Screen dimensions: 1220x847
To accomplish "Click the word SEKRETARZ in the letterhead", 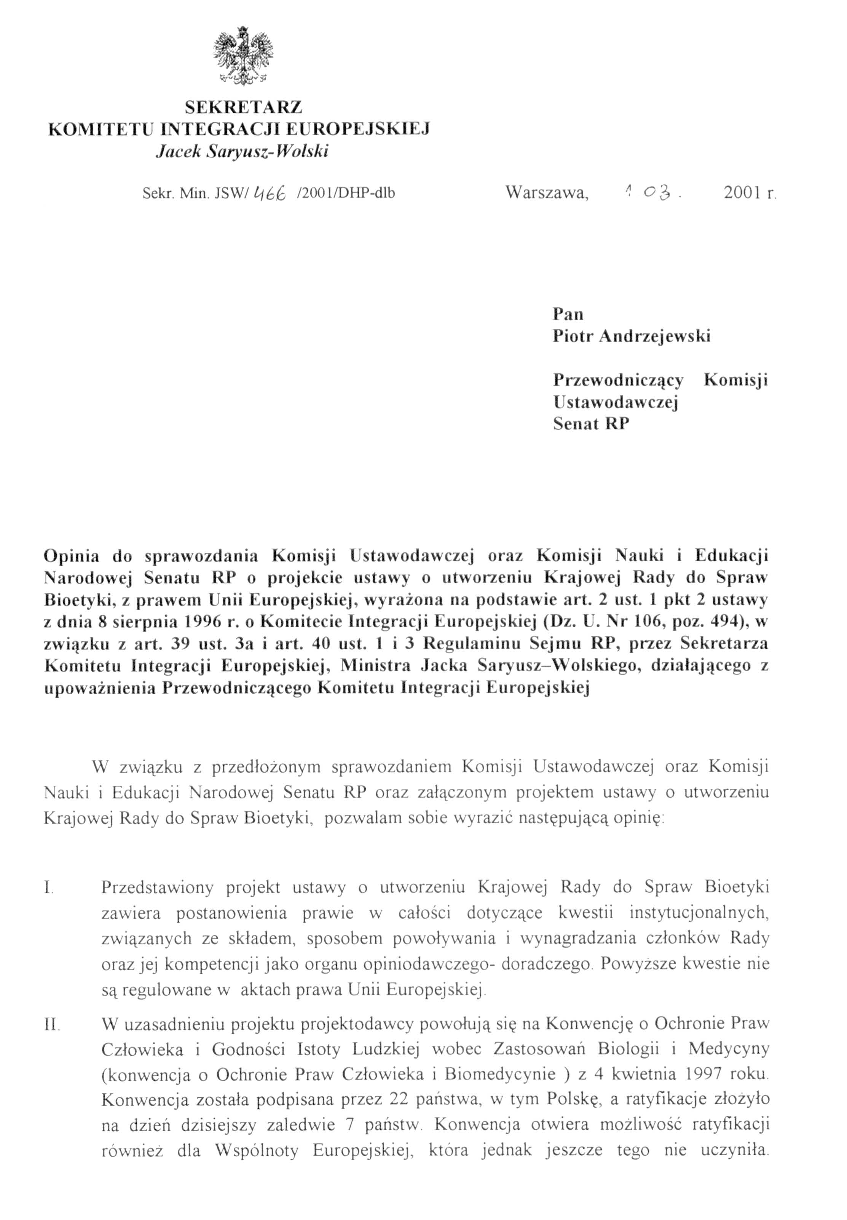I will click(x=244, y=107).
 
